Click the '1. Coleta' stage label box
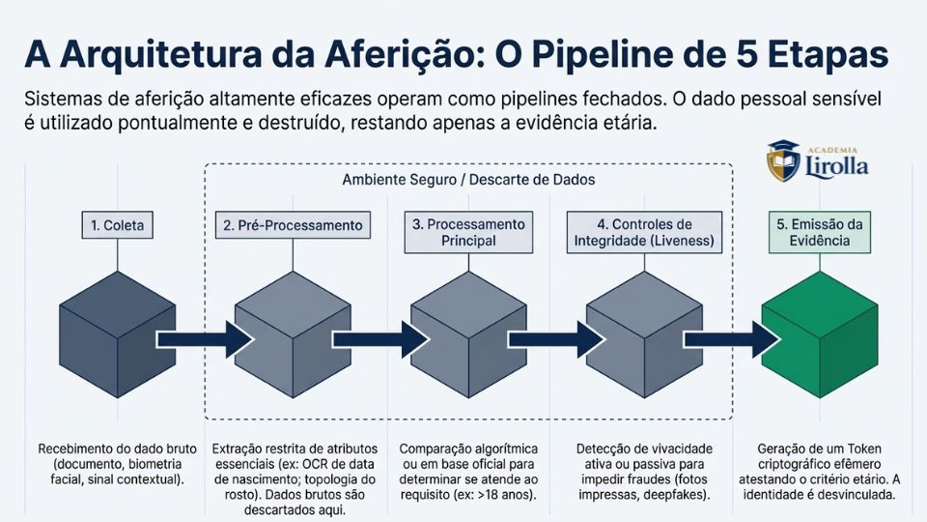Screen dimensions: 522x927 (118, 225)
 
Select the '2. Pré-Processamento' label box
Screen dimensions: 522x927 (294, 225)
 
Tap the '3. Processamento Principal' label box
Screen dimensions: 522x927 (468, 232)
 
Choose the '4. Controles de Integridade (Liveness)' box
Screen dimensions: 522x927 (644, 232)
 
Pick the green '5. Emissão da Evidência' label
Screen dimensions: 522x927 (820, 232)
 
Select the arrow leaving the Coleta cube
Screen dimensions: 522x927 (205, 339)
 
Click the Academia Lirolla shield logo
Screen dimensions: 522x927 (783, 161)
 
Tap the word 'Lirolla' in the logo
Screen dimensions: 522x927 (836, 166)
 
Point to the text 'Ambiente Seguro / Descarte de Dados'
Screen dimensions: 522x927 (468, 180)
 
